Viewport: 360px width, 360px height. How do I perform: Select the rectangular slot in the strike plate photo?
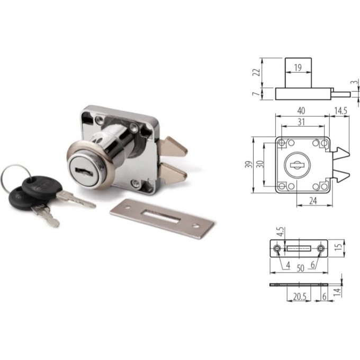pyautogui.click(x=160, y=217)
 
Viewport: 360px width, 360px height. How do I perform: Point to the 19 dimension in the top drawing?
pyautogui.click(x=298, y=68)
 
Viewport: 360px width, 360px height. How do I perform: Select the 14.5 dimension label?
pyautogui.click(x=341, y=111)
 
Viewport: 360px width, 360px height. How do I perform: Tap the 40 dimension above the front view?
pyautogui.click(x=301, y=111)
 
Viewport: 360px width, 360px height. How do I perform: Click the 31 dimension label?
pyautogui.click(x=301, y=122)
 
